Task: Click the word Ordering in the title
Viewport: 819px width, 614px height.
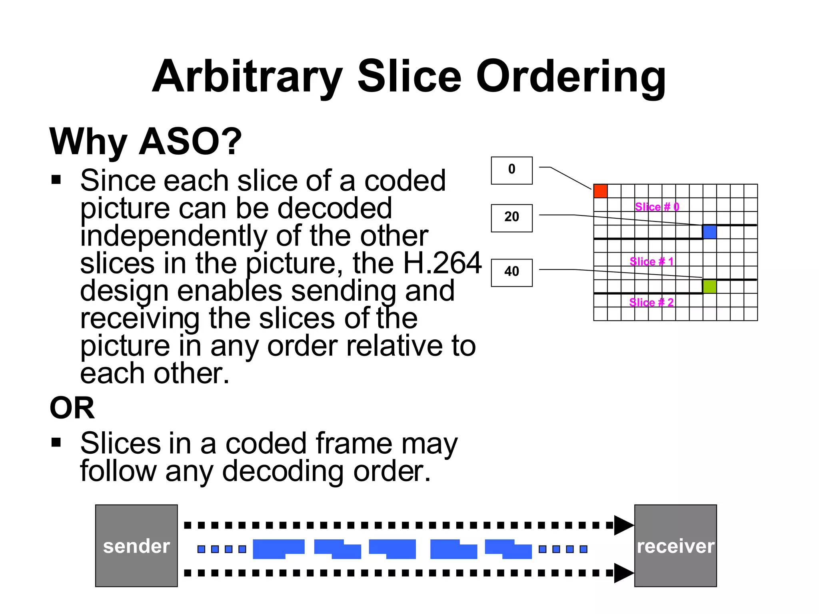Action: coord(571,77)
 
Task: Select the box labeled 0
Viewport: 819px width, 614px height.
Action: coord(511,170)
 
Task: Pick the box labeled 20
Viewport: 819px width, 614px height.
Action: coord(511,218)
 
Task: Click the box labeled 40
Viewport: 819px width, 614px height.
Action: coord(511,273)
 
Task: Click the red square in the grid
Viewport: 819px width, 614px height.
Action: coord(600,191)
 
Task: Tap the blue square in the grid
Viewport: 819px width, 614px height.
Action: coord(709,232)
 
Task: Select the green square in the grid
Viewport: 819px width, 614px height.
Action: coord(709,286)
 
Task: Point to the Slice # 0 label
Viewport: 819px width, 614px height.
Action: coord(657,207)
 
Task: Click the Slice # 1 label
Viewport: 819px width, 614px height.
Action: coord(651,261)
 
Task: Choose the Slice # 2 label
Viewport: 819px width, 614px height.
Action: coord(651,302)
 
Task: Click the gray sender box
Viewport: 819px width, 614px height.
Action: coord(136,546)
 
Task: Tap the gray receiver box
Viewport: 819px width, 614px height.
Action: coord(675,546)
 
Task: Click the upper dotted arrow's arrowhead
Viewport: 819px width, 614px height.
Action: coord(623,525)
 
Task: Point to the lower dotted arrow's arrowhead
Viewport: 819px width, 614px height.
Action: coord(623,573)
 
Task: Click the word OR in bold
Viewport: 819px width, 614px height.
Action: coord(72,408)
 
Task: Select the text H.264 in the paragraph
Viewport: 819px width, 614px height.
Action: coord(442,263)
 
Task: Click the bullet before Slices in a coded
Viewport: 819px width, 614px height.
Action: coord(56,442)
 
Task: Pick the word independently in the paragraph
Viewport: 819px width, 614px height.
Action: coord(174,236)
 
